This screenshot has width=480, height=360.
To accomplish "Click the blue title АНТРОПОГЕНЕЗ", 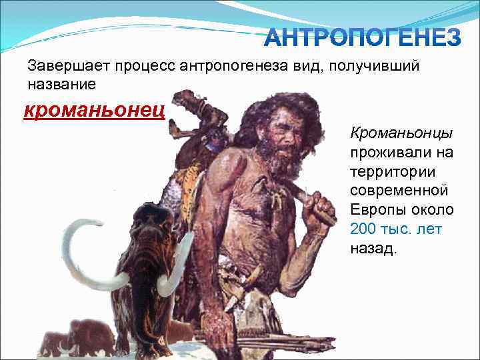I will click(362, 39).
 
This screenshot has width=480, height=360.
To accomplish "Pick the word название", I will click(61, 85).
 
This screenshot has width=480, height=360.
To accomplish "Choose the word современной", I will click(399, 191).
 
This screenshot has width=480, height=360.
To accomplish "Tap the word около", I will click(431, 210).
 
